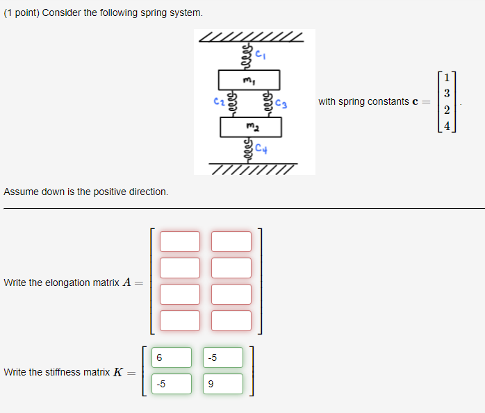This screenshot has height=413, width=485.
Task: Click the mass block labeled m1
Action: [249, 80]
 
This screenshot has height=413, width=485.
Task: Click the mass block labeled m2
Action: [251, 127]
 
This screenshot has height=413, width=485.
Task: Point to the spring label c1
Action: [260, 53]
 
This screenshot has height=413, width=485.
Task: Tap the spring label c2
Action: [217, 104]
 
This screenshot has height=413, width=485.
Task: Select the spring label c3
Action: [281, 105]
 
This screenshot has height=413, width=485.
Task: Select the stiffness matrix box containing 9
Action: [224, 384]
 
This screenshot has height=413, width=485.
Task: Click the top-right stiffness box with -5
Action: [224, 357]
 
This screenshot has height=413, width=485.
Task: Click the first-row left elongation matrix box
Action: [180, 242]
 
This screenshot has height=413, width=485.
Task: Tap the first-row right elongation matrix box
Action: [231, 242]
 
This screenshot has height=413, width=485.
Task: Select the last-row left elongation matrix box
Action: [180, 321]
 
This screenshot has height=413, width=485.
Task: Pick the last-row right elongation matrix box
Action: [231, 321]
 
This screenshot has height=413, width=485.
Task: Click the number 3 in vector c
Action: [447, 93]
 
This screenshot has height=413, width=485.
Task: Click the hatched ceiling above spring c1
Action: [251, 36]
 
